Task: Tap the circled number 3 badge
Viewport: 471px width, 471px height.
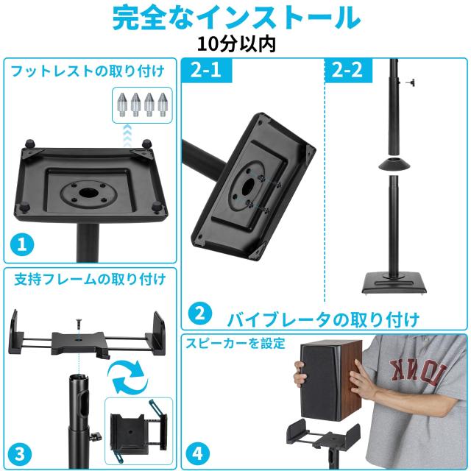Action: click(21, 452)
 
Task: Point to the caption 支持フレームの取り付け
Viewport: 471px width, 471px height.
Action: click(90, 279)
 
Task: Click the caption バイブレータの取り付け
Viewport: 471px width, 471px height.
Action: click(323, 319)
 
